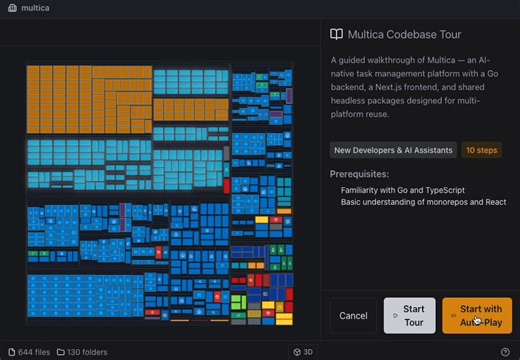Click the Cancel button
(x=353, y=316)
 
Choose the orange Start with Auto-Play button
(x=476, y=316)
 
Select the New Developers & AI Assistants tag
(x=392, y=150)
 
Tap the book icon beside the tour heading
(x=337, y=34)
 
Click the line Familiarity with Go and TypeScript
(x=402, y=190)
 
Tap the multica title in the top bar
(x=36, y=8)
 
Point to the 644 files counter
(x=29, y=352)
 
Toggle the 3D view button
(x=303, y=352)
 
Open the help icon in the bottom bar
(x=505, y=352)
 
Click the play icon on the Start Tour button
(x=395, y=316)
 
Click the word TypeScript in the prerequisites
(x=442, y=190)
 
